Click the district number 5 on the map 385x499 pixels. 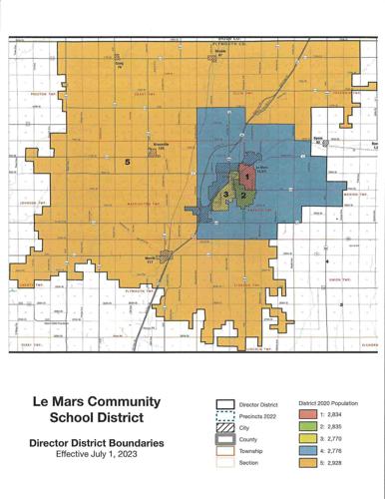point(127,161)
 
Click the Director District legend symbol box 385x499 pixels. point(224,405)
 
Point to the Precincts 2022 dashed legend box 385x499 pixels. point(224,417)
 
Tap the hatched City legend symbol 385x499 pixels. point(224,430)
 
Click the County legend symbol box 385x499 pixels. point(224,443)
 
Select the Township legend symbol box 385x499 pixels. point(224,456)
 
